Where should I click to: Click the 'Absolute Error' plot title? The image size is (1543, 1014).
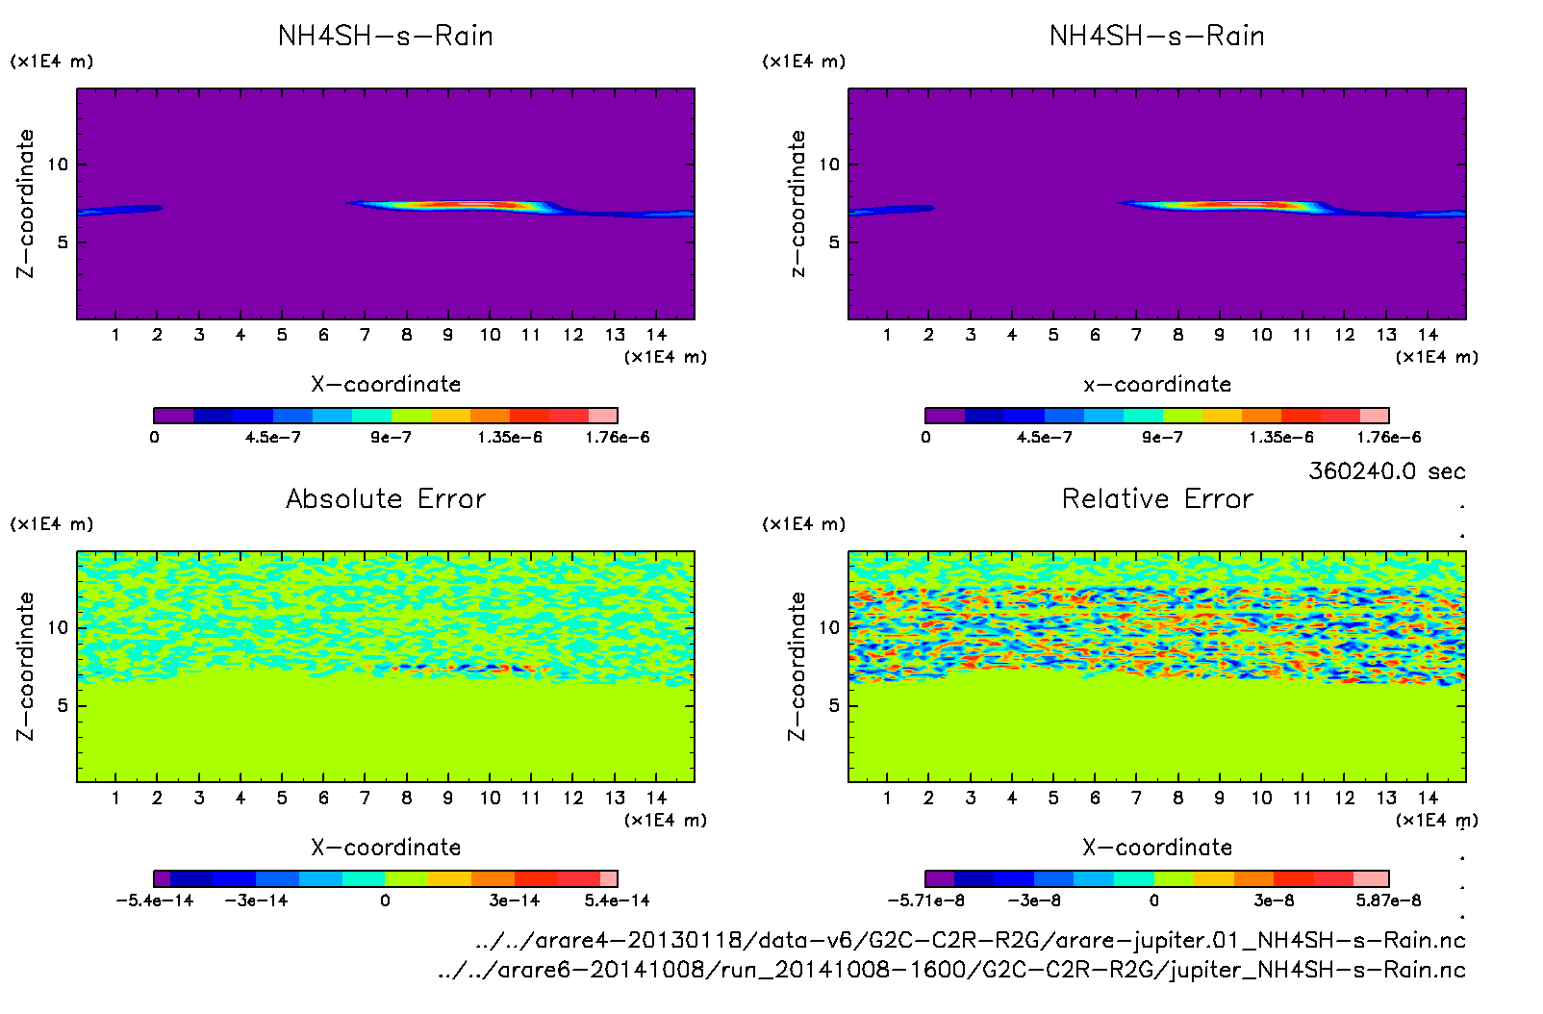coord(386,498)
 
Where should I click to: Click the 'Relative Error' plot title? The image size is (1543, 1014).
coord(1157,498)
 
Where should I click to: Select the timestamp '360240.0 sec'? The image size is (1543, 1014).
coord(1386,471)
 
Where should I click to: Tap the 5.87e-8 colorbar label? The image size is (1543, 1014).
coord(1388,900)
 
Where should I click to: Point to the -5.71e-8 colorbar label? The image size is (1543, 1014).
coord(925,900)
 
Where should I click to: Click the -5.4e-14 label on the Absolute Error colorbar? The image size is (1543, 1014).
coord(154,900)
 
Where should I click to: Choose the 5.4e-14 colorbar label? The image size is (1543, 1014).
coord(617,900)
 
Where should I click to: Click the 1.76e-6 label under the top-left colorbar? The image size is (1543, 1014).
coord(617,438)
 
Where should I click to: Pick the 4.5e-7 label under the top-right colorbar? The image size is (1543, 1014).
coord(1044,438)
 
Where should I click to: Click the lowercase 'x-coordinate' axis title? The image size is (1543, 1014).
coord(1157,384)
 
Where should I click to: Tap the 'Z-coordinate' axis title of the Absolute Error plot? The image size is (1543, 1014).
coord(25,666)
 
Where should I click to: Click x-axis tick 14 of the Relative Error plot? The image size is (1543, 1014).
coord(1428,798)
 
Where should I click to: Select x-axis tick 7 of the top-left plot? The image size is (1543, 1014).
coord(365,335)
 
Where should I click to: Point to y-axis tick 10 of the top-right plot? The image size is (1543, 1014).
coord(828,165)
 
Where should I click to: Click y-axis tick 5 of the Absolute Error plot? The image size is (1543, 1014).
coord(63,705)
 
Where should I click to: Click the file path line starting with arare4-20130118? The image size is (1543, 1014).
coord(970,940)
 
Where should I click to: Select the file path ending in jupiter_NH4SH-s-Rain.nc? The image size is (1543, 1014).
coord(951,970)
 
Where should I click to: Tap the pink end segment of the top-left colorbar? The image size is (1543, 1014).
coord(602,416)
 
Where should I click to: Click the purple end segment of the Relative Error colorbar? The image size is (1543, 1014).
coord(940,878)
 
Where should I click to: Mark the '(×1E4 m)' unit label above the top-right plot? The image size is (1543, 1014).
coord(803,62)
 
